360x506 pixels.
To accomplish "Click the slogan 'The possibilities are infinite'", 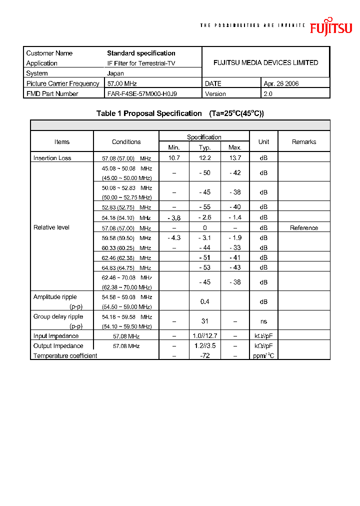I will [252, 25].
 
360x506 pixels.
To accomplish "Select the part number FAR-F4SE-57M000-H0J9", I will [141, 93].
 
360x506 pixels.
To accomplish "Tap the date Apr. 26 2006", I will [281, 83].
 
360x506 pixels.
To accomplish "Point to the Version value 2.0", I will [268, 93].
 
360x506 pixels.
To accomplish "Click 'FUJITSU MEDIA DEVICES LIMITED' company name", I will [265, 62].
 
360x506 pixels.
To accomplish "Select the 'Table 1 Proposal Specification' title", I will [149, 113].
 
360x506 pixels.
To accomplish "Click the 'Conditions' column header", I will [126, 142].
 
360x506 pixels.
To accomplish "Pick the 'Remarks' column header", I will [304, 142].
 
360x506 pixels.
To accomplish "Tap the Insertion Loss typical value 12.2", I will [204, 157].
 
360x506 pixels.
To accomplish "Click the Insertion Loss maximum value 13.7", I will [234, 157].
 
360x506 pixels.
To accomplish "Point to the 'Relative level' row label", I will [51, 227].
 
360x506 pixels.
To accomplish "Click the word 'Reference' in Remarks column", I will [304, 228].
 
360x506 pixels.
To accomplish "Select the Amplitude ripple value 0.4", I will [204, 301].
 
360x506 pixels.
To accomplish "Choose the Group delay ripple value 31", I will [204, 321].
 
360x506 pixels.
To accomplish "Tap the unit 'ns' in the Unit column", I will [263, 321].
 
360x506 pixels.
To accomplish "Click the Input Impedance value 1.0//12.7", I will [204, 336].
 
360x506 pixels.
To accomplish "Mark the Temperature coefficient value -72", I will [204, 355].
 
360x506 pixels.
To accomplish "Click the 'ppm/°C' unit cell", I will [263, 355].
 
